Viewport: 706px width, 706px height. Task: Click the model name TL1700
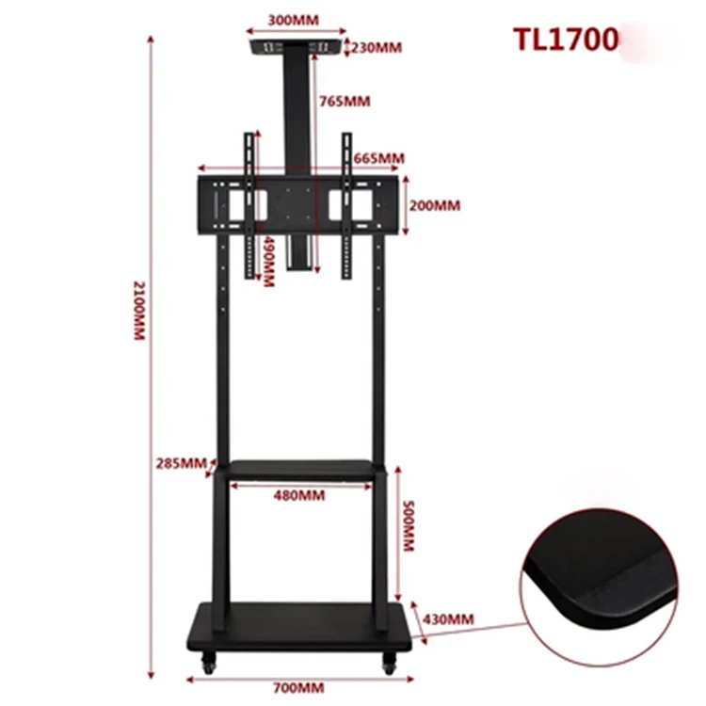pos(565,40)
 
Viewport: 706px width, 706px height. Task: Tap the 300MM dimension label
pos(293,19)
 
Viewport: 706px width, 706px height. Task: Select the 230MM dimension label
pos(377,47)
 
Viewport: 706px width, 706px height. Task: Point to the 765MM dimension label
pos(344,101)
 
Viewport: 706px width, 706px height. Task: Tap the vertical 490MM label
pos(269,263)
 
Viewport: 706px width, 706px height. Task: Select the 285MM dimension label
pos(181,462)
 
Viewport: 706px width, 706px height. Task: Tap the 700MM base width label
pos(298,687)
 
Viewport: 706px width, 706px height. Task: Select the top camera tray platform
pos(296,45)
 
